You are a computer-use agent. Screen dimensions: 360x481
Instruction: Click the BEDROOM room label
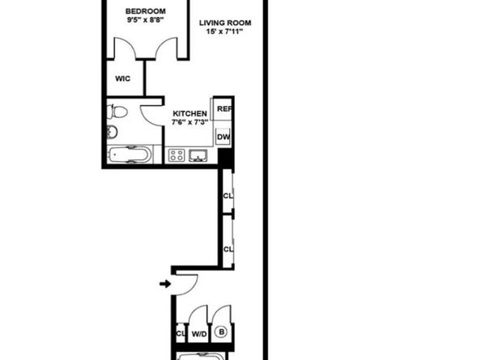pos(146,12)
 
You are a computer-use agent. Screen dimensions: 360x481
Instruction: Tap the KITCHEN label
pos(190,112)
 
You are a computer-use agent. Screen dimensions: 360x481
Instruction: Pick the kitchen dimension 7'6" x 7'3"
pos(190,122)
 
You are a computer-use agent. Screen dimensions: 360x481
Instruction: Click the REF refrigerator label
pos(224,108)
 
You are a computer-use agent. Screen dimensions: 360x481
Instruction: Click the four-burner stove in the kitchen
pos(177,155)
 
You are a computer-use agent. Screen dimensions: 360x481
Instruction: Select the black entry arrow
pos(165,284)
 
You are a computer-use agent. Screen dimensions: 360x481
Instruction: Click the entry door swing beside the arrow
pos(185,284)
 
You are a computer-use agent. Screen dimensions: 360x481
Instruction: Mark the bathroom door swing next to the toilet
pos(152,113)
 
